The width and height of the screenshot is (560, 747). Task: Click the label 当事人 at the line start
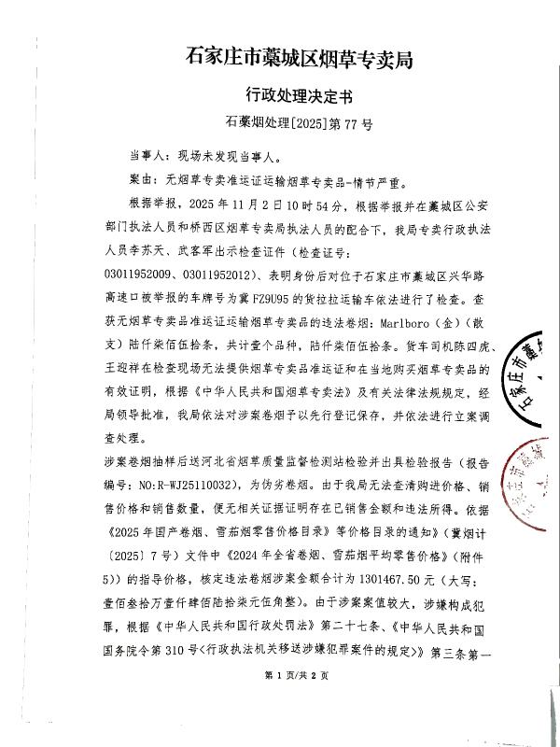coord(146,155)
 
